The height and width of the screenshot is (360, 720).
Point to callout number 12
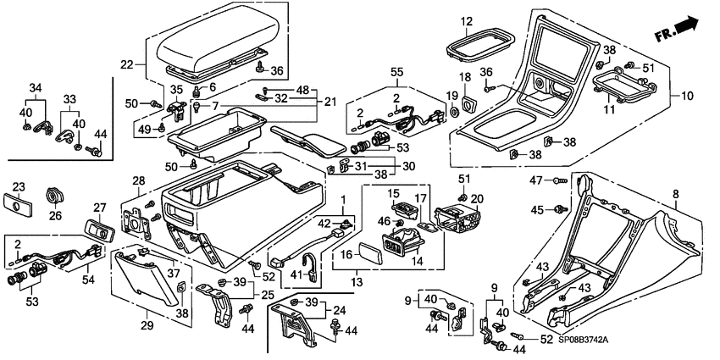[x=490, y=21]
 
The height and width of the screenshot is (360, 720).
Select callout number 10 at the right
[x=687, y=97]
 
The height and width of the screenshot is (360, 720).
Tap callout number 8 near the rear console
[x=674, y=194]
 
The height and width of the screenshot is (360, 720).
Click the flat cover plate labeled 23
[x=20, y=207]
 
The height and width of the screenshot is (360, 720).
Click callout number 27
[x=98, y=208]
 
